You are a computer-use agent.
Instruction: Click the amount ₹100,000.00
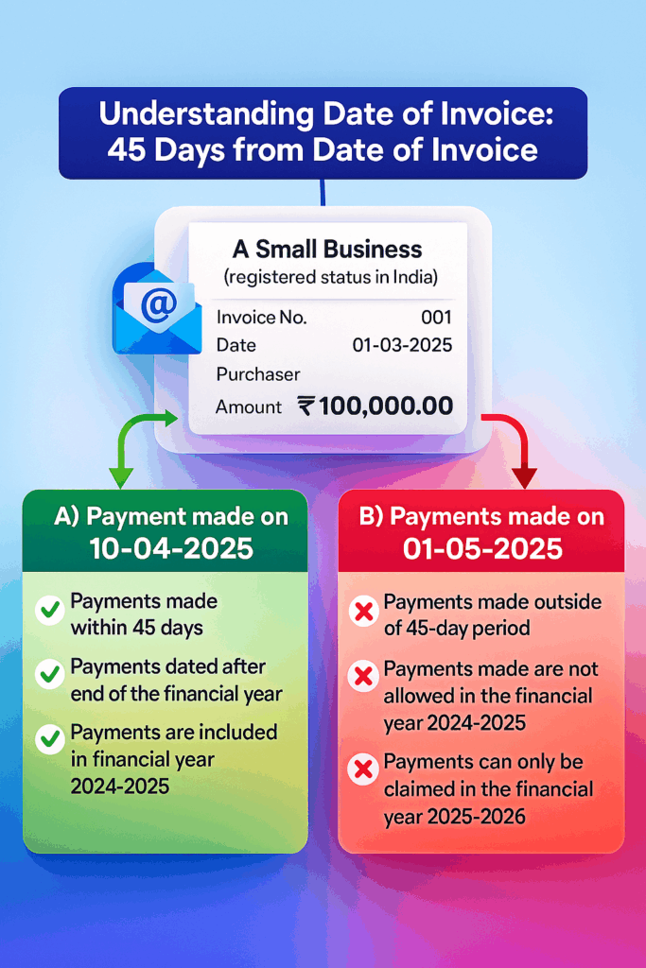click(375, 406)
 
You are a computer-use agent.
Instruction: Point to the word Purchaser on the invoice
click(257, 374)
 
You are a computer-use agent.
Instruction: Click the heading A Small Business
click(327, 250)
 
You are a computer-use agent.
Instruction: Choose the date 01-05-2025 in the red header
click(481, 547)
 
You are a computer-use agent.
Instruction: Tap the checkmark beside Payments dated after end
click(49, 675)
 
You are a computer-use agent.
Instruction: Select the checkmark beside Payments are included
click(49, 739)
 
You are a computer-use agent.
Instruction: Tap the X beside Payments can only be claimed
click(362, 770)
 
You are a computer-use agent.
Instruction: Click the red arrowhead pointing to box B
click(523, 476)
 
